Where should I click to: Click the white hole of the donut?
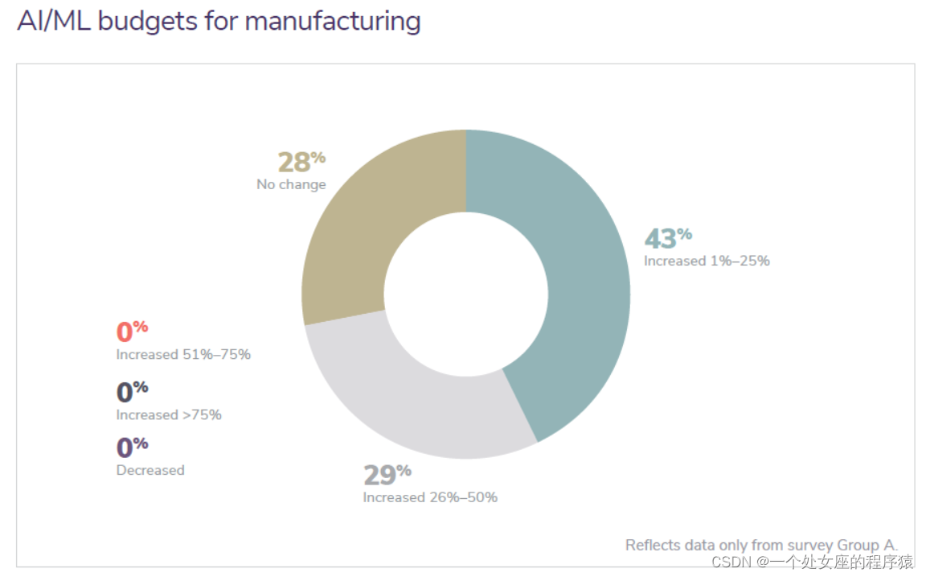466,294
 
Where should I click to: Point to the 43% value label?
667,238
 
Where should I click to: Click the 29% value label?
387,474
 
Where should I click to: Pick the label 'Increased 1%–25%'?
707,261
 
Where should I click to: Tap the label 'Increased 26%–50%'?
430,497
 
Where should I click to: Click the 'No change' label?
291,184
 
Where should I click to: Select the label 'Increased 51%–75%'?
183,354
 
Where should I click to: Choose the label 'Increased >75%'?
169,415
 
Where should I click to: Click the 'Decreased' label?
150,470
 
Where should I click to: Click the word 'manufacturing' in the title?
333,21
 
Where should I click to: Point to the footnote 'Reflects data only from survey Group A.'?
761,545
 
